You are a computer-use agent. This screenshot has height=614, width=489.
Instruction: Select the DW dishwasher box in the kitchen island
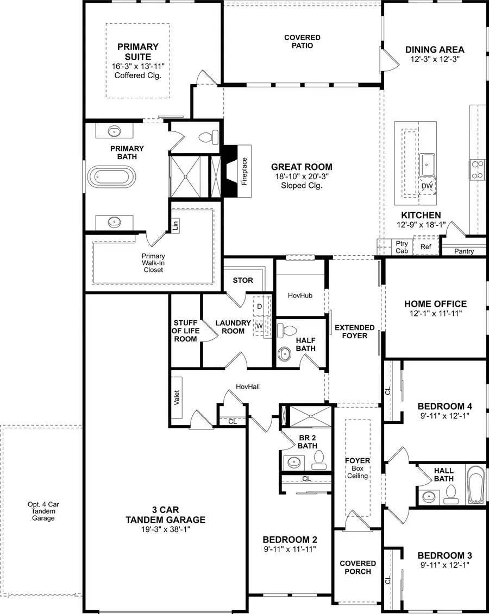click(x=427, y=186)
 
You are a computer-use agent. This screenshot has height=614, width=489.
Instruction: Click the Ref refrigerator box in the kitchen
click(x=425, y=246)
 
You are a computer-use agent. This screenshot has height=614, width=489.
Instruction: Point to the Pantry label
click(x=464, y=251)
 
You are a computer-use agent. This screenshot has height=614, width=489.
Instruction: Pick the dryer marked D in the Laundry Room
click(x=259, y=307)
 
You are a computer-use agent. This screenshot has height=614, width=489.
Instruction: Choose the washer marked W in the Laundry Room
click(x=259, y=326)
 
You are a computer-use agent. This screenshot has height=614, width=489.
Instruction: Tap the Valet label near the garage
click(x=177, y=398)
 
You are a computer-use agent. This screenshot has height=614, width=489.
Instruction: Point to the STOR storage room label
click(x=243, y=280)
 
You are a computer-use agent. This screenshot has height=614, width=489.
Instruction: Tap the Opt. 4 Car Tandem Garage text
click(x=43, y=511)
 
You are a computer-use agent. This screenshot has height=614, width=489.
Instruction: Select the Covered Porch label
click(x=358, y=567)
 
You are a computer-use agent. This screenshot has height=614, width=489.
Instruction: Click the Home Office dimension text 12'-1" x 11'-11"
click(x=435, y=314)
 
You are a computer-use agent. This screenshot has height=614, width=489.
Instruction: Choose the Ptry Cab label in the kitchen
click(x=402, y=247)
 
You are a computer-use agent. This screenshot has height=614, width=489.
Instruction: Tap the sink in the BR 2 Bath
click(x=294, y=463)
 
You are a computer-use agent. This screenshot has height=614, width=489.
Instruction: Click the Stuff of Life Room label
click(x=185, y=331)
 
